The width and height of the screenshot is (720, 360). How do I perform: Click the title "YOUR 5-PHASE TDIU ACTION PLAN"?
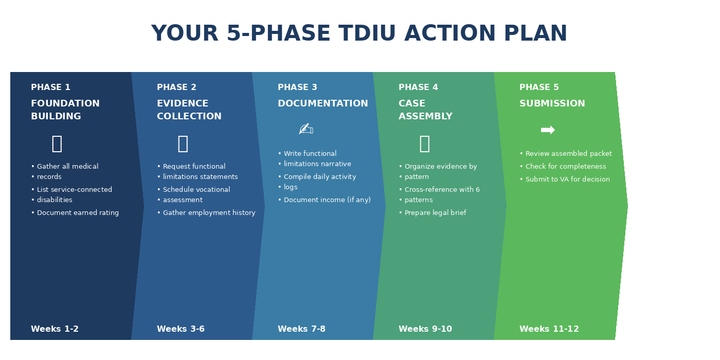pos(359,34)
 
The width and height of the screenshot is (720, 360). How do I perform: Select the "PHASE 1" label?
pos(50,87)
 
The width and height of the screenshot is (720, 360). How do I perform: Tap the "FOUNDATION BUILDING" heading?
pos(65,110)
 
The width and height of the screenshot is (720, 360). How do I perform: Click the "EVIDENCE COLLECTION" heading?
pos(189,110)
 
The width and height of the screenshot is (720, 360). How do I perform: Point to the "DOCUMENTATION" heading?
pos(322,103)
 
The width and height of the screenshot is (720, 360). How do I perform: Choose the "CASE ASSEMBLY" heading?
pos(425,110)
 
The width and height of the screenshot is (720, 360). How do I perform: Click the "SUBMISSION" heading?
pos(552,103)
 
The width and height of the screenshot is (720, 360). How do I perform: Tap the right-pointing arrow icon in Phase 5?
pos(548,130)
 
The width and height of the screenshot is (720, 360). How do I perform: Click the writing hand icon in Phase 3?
pos(305,129)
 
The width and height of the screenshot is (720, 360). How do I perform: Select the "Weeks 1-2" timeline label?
pos(55,329)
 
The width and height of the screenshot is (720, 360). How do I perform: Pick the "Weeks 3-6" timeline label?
pos(181,329)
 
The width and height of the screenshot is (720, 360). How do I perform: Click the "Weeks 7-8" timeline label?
pos(301,329)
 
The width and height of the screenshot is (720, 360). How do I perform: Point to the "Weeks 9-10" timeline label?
pos(425,329)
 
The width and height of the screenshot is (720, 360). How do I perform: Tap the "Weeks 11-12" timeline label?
pos(549,329)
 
